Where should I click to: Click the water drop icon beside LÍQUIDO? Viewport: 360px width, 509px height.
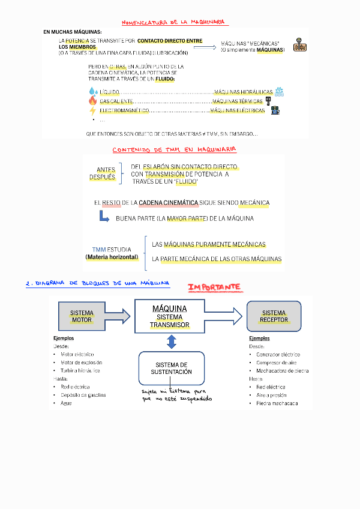tap(92, 91)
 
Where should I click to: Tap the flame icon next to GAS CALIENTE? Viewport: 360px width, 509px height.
tap(92, 101)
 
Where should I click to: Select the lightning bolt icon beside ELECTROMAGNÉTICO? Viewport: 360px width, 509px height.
tap(92, 110)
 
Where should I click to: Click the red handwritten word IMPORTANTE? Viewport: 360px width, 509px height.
tap(214, 288)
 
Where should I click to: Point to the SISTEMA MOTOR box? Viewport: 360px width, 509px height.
tap(82, 316)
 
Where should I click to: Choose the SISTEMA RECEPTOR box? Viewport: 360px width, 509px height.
tap(274, 316)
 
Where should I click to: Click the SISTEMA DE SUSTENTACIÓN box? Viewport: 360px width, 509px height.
tap(172, 369)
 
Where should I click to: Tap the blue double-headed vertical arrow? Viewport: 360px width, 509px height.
tap(172, 342)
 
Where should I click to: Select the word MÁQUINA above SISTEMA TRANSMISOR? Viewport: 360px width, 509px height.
tap(170, 309)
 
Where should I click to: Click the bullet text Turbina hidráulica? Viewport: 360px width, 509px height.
tap(80, 370)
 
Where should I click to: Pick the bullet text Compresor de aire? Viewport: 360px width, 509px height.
tap(276, 363)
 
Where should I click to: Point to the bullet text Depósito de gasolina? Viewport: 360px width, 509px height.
tap(83, 395)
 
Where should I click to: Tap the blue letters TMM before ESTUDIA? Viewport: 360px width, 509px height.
tap(98, 249)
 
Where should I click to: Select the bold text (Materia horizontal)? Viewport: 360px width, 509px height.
tap(112, 258)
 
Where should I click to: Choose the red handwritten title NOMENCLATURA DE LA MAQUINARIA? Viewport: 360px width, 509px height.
tap(173, 22)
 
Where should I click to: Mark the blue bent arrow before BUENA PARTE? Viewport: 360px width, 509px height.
tap(104, 219)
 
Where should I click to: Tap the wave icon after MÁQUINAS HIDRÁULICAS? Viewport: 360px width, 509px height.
tap(279, 91)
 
